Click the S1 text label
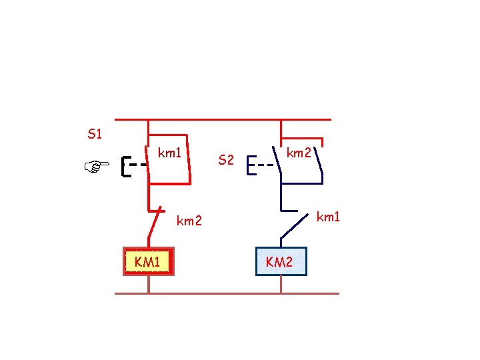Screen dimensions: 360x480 point(95,135)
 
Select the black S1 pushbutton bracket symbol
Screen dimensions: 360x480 point(125,167)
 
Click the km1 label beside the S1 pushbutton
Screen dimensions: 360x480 point(170,153)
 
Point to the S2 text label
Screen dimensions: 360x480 point(227,160)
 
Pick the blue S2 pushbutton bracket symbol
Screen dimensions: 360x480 point(250,165)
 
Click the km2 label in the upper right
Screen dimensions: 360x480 point(298,153)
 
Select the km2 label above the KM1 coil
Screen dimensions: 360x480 point(189,221)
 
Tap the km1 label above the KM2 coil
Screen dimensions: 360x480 point(327,217)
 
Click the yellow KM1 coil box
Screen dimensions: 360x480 point(148,261)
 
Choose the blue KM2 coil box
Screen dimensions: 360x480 point(281,261)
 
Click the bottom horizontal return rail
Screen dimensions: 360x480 point(227,293)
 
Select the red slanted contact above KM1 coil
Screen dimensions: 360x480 point(155,223)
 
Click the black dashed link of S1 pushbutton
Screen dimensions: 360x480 point(138,163)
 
